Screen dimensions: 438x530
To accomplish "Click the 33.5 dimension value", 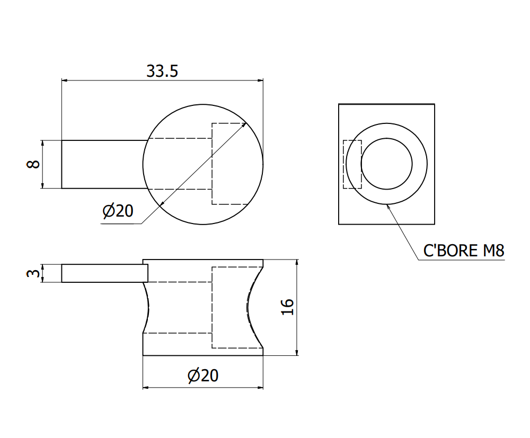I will click(162, 71).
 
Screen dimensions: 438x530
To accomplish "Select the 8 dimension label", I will click(33, 164).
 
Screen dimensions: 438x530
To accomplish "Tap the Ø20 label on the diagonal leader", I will click(118, 211).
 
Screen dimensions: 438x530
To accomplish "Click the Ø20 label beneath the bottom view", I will click(203, 376).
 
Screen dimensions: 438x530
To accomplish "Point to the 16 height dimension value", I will click(287, 307).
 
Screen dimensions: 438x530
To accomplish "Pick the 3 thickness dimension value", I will click(33, 273).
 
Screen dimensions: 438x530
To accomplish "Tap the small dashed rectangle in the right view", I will click(352, 164).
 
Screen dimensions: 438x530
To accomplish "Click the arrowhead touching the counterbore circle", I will click(390, 207).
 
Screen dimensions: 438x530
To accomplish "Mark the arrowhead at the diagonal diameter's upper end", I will click(244, 124).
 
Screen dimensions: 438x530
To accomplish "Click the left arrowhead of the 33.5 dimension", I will click(65, 81).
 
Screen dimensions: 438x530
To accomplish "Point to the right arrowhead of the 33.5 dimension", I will click(260, 81).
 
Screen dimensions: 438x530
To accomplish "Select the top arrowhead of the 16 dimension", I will click(296, 263).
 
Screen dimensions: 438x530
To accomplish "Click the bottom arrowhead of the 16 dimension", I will click(296, 352).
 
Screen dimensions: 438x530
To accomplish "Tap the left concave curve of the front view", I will click(148, 307).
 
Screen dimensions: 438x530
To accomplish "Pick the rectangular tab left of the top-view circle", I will click(103, 164).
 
